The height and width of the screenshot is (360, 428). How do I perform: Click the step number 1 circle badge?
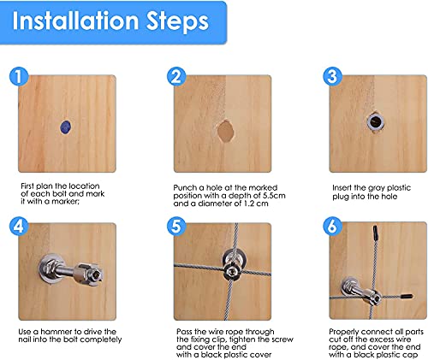pos(19,76)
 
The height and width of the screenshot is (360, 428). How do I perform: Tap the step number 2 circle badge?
pos(176,76)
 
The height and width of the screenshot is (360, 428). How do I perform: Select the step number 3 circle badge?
pos(332,76)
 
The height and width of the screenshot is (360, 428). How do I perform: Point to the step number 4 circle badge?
pos(19,227)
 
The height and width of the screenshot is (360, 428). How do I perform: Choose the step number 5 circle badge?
pos(176,227)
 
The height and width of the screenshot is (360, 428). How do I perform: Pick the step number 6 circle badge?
pos(332,227)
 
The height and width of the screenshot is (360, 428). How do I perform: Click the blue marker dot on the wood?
pos(66,127)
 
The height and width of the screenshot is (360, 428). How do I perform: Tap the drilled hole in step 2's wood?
pos(225,131)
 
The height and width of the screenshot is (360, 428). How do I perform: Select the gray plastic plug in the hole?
pos(376,121)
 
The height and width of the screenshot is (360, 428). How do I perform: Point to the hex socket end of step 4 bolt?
pos(97,275)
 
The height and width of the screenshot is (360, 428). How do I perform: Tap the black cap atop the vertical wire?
pos(375,233)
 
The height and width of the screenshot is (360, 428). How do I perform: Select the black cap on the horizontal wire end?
pos(407,297)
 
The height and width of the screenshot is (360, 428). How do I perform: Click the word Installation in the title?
pos(75,21)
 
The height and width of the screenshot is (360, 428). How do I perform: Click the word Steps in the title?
pos(177,22)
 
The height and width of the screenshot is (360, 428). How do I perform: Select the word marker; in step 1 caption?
pos(64,202)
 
